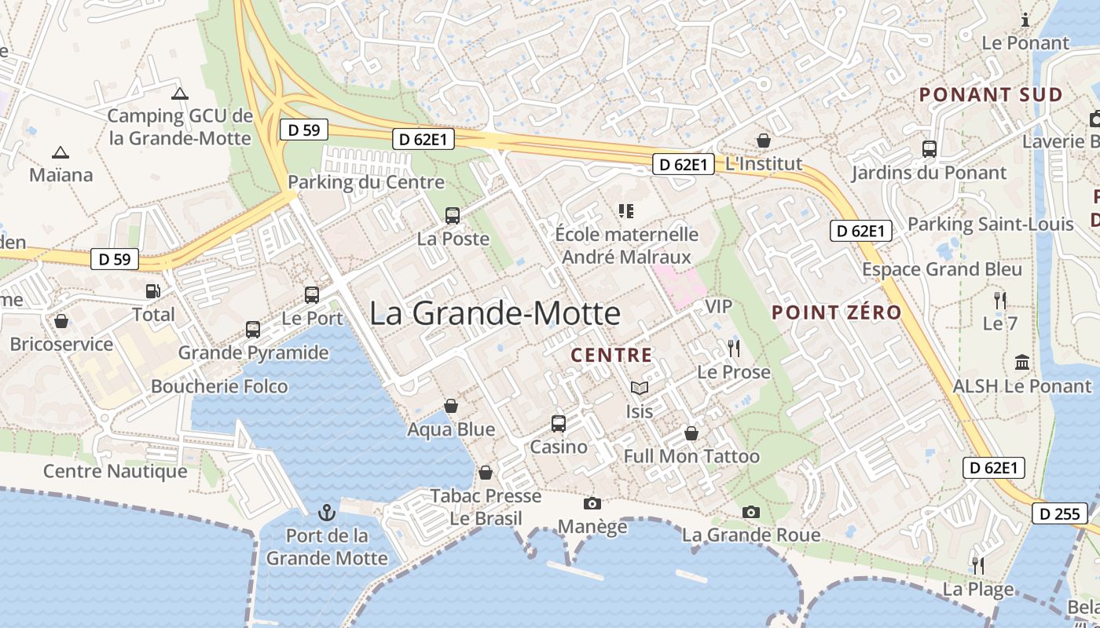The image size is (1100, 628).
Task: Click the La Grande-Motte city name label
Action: (495, 314)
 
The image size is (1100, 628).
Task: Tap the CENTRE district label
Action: (611, 356)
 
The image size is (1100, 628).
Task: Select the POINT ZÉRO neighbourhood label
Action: (837, 312)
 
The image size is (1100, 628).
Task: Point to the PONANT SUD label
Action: (991, 95)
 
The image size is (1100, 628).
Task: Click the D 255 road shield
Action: (1060, 514)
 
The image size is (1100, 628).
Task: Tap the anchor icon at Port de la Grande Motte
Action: (326, 513)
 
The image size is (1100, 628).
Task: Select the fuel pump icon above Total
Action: (152, 291)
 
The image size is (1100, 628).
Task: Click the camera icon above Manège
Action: (592, 503)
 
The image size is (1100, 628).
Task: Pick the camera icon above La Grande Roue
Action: (751, 513)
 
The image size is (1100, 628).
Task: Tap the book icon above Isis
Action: (640, 388)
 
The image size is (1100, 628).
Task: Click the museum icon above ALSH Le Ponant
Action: (1022, 363)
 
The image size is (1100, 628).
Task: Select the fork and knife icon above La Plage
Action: (978, 565)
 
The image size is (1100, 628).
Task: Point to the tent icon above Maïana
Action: (60, 152)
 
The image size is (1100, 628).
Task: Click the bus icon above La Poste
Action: (453, 215)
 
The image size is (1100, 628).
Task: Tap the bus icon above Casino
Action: (559, 424)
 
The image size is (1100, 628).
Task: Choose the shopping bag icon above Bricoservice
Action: (61, 321)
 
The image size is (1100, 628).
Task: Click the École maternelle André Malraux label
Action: (626, 245)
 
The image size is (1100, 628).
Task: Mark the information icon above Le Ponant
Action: (1025, 20)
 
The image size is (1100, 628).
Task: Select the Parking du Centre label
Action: (366, 182)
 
